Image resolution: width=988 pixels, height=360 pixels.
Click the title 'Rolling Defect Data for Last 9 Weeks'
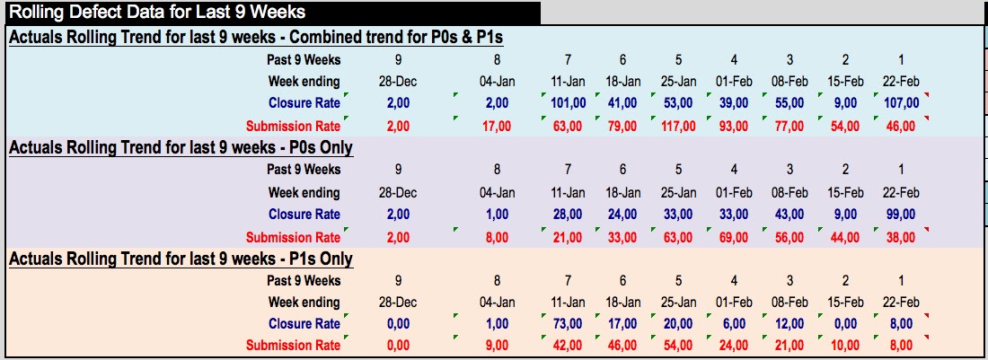pos(156,13)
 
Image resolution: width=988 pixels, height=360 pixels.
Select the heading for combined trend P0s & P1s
pos(254,37)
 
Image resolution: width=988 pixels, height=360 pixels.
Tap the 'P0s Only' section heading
pos(181,147)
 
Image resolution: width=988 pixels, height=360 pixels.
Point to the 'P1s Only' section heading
pos(181,259)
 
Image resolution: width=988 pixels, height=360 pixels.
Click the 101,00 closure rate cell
pos(569,103)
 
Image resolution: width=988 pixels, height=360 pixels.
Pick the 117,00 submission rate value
pos(678,126)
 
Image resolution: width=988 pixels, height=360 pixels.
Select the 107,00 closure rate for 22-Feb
pos(899,103)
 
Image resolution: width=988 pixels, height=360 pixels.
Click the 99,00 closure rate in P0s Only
pos(899,215)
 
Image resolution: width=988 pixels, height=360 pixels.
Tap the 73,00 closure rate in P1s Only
pos(569,323)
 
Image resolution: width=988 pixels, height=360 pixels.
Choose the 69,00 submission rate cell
pos(734,238)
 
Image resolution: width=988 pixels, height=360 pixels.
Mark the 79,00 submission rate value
pos(623,126)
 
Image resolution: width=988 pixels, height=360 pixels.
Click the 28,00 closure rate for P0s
pos(569,215)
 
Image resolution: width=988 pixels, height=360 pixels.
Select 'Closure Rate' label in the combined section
pos(304,103)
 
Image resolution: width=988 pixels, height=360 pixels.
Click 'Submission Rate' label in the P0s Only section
pos(293,238)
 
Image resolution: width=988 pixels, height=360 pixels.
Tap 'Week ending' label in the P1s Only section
pos(304,302)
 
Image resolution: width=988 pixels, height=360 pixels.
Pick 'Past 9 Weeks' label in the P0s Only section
pos(304,169)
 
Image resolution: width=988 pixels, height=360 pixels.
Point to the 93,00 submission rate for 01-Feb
pos(734,126)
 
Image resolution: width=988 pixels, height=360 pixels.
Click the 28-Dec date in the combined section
pos(399,81)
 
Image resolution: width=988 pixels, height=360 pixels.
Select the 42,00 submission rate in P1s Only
pos(569,345)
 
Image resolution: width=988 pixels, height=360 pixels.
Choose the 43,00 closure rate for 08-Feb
pos(790,215)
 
